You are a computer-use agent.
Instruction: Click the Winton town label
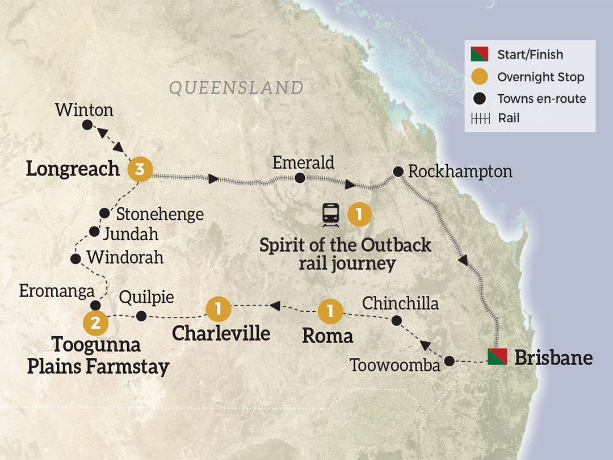84,110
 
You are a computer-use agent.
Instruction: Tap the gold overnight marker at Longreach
140,169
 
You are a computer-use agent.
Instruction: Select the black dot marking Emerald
300,178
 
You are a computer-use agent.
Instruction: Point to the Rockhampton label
460,171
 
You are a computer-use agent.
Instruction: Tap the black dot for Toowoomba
449,361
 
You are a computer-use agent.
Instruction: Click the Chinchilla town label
400,303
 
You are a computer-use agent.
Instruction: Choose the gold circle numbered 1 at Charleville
219,309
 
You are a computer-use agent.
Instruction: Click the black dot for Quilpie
142,315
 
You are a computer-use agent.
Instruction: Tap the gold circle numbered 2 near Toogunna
96,323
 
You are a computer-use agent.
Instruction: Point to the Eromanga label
56,291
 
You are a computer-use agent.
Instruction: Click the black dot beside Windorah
75,259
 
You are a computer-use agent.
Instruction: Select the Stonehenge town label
159,214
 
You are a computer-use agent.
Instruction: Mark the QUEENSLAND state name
236,87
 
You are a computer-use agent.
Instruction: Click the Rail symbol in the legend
480,119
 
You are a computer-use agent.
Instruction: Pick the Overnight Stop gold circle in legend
480,76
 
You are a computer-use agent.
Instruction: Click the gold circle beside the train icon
359,214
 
